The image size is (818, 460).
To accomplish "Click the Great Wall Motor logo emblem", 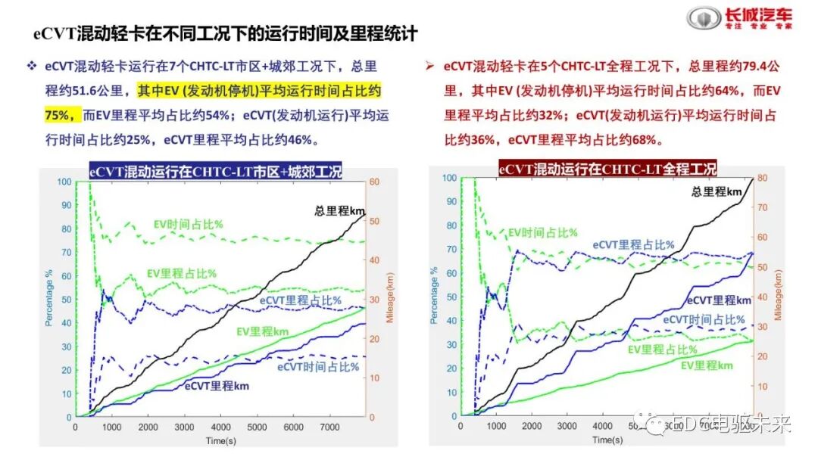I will pyautogui.click(x=700, y=18).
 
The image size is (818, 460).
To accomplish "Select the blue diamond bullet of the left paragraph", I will pyautogui.click(x=32, y=67).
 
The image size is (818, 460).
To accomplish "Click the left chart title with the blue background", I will pyautogui.click(x=216, y=171).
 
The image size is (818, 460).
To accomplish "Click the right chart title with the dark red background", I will pyautogui.click(x=607, y=169).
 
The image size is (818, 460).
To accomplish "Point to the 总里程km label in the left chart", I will pyautogui.click(x=340, y=210).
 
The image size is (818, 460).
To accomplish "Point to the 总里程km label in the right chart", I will pyautogui.click(x=717, y=191).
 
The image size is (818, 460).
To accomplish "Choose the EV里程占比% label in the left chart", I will pyautogui.click(x=182, y=273).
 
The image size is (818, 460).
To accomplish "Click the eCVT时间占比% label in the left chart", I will pyautogui.click(x=317, y=367).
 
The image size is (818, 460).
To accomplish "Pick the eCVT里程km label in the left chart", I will pyautogui.click(x=217, y=386).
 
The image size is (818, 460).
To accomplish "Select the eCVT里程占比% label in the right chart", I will pyautogui.click(x=633, y=244).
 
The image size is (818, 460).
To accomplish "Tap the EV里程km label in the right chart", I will pyautogui.click(x=707, y=365).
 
